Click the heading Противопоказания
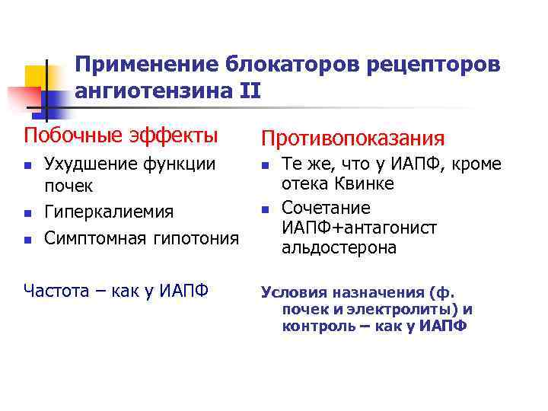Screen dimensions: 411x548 tap(352, 138)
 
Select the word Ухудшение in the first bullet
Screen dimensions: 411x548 tap(86, 164)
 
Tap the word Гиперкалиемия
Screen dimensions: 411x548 tap(109, 212)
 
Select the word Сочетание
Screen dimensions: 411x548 tap(326, 208)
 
